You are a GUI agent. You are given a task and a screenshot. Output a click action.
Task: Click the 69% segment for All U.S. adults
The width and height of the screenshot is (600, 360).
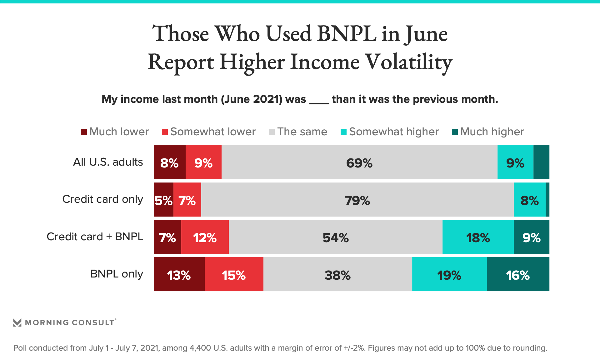pos(359,162)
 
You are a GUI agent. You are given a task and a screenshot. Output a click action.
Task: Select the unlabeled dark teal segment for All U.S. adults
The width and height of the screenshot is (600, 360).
pos(541,162)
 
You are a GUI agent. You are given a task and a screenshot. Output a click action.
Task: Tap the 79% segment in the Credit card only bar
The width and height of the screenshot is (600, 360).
pos(357,200)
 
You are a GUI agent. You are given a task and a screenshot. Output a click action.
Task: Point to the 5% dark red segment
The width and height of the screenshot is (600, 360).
pos(163,200)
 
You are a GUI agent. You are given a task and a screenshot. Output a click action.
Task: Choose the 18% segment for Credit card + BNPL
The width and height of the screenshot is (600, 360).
pos(478,237)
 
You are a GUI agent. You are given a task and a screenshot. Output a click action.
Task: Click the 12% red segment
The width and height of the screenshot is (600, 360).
pos(205,237)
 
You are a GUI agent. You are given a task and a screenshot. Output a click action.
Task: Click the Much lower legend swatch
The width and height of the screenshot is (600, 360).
pos(84,132)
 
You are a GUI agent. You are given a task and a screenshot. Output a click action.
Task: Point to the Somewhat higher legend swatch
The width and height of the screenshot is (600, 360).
pos(343,132)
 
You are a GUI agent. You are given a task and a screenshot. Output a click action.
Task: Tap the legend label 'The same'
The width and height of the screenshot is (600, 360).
pos(302,132)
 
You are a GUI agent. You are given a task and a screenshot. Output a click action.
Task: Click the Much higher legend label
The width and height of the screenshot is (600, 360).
pos(492,132)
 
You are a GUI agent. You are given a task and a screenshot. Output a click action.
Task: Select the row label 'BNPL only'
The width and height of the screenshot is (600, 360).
pos(117,274)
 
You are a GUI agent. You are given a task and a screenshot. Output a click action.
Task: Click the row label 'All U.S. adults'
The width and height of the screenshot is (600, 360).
pos(108,162)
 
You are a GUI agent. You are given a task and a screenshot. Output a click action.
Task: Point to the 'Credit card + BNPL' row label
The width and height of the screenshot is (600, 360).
pos(95,237)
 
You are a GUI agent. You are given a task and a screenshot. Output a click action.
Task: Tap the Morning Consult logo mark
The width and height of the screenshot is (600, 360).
pos(17,322)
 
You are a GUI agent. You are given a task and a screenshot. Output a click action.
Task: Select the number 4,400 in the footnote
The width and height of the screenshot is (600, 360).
pos(200,348)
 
